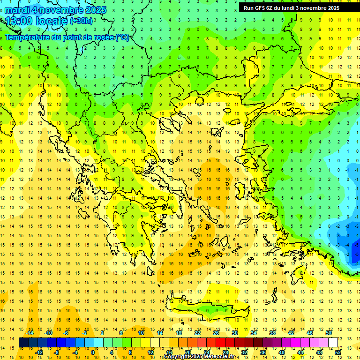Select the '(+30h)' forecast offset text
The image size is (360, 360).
[82, 21]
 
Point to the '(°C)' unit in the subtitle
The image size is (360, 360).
[122, 37]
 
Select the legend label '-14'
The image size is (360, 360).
[30, 333]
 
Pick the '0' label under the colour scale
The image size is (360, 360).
[93, 352]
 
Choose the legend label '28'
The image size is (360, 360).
[225, 352]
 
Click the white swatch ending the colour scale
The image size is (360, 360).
[333, 343]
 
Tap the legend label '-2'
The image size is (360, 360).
[85, 333]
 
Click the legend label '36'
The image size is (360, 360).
[262, 352]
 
